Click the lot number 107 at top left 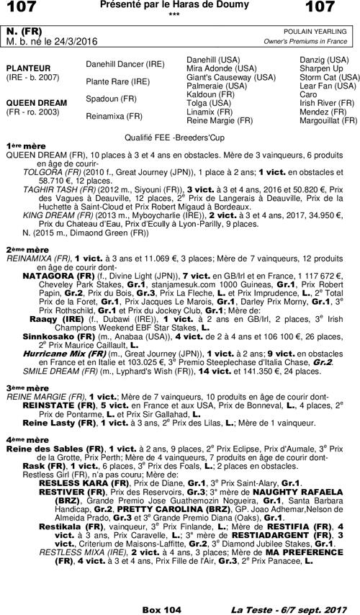[21, 8]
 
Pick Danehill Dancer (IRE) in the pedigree [125, 64]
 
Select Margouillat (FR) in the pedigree [329, 120]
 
